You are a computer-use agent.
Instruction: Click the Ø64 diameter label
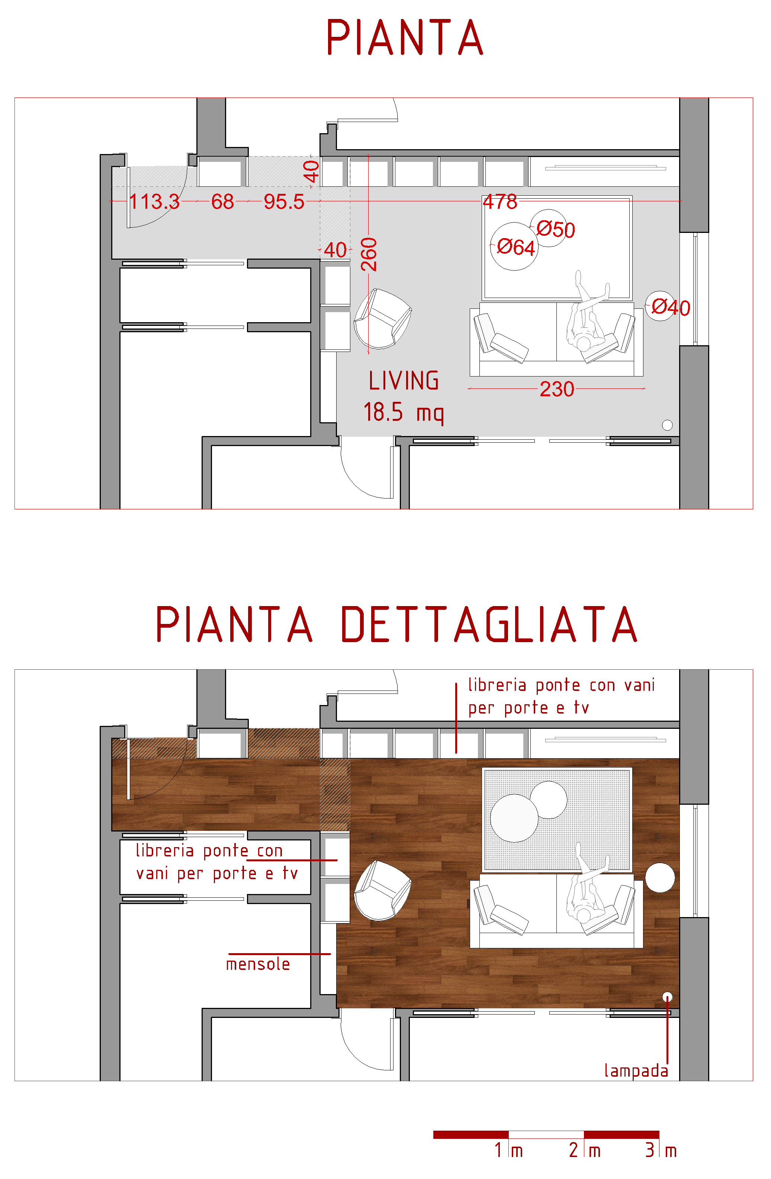coord(516,247)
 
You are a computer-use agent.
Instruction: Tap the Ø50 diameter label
coord(556,229)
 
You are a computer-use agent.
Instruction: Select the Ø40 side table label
coord(671,307)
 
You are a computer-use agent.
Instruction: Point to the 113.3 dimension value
coord(154,202)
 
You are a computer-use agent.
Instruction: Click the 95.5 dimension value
coord(284,202)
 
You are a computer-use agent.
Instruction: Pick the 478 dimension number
coord(500,202)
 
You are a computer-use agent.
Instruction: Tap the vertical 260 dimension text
coord(369,254)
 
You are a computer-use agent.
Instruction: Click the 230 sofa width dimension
coord(557,389)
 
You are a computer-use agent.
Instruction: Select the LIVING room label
coord(404,381)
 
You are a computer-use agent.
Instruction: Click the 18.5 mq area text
coord(404,412)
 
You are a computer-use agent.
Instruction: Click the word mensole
coord(258,964)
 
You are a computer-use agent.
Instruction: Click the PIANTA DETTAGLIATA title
coord(396,624)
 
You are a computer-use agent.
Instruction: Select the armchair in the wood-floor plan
coord(382,890)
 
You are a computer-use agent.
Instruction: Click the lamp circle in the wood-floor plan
coord(668,997)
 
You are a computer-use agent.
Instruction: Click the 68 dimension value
coord(222,202)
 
